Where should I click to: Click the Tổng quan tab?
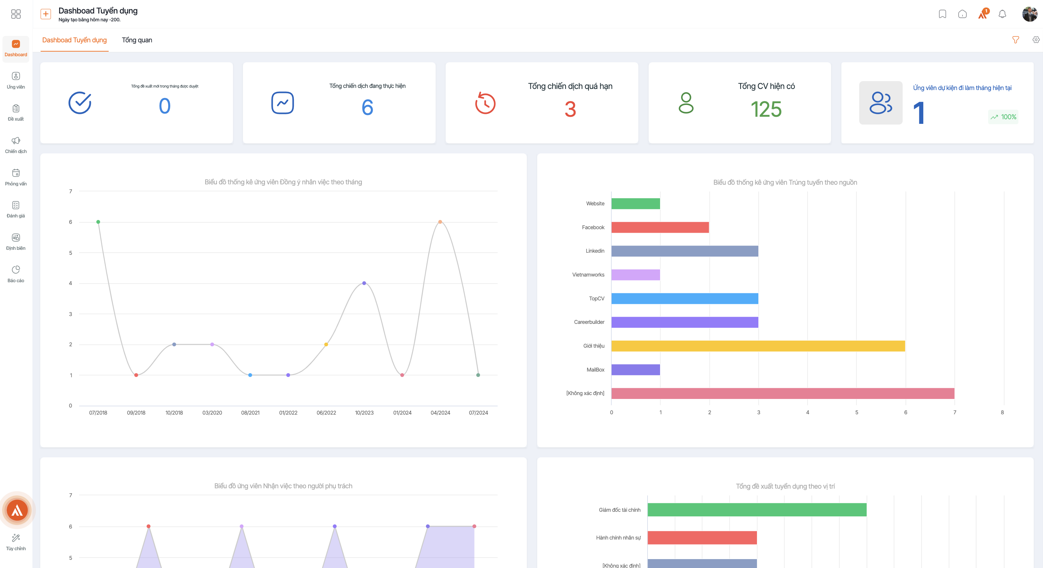[137, 40]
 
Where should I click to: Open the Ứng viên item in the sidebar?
[16, 80]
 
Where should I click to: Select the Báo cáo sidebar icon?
[16, 270]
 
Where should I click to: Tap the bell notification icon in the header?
[1002, 14]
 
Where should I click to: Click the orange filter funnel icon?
[1016, 40]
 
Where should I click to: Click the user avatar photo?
[1029, 14]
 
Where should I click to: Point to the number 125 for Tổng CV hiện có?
[766, 109]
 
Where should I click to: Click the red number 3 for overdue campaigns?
[570, 109]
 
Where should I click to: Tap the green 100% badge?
[1003, 117]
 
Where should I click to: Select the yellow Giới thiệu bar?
[758, 346]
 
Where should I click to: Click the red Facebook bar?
[660, 227]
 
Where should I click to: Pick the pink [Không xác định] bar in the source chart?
[783, 393]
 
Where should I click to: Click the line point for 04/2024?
[440, 222]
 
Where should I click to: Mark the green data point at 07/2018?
[98, 222]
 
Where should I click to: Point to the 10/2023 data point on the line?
[364, 283]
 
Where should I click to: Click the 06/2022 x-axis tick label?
[326, 412]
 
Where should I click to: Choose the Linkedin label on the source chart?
[595, 251]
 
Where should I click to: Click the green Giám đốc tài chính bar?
[757, 510]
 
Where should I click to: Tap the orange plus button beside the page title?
[46, 14]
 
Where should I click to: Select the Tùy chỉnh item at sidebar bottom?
[16, 542]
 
